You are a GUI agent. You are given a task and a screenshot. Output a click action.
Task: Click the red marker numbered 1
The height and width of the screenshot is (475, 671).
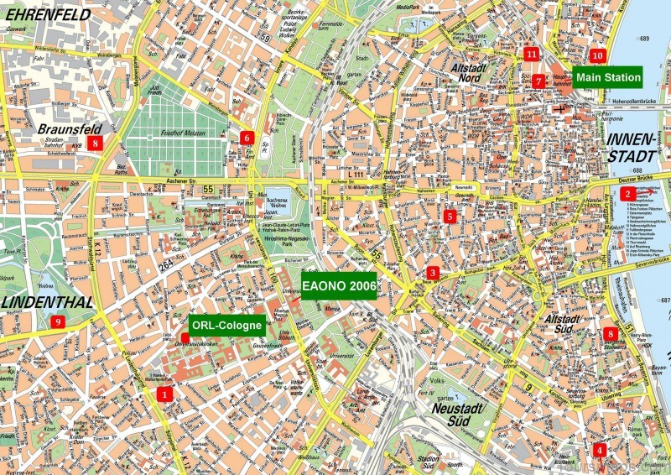(165, 393)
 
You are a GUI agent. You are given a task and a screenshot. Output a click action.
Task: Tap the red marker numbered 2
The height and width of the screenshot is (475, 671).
(627, 194)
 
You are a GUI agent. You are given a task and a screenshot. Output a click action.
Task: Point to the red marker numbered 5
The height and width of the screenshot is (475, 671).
(450, 217)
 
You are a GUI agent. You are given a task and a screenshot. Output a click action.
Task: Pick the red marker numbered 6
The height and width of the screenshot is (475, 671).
(246, 138)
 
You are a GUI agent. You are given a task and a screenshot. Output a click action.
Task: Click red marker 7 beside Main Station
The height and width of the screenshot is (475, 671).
(538, 81)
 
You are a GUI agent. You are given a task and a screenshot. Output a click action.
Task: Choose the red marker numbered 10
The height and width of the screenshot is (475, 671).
(596, 56)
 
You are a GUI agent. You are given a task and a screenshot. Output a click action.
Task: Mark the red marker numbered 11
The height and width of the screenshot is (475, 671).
(532, 55)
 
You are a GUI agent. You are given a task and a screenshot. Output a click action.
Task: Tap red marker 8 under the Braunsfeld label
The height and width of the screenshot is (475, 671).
(96, 144)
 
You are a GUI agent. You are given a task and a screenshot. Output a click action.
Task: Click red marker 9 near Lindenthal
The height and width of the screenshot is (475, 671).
(58, 321)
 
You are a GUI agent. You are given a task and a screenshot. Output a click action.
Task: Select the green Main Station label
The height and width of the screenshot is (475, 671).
(608, 77)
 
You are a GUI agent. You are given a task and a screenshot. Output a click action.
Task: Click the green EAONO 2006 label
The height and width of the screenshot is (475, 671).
(339, 285)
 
